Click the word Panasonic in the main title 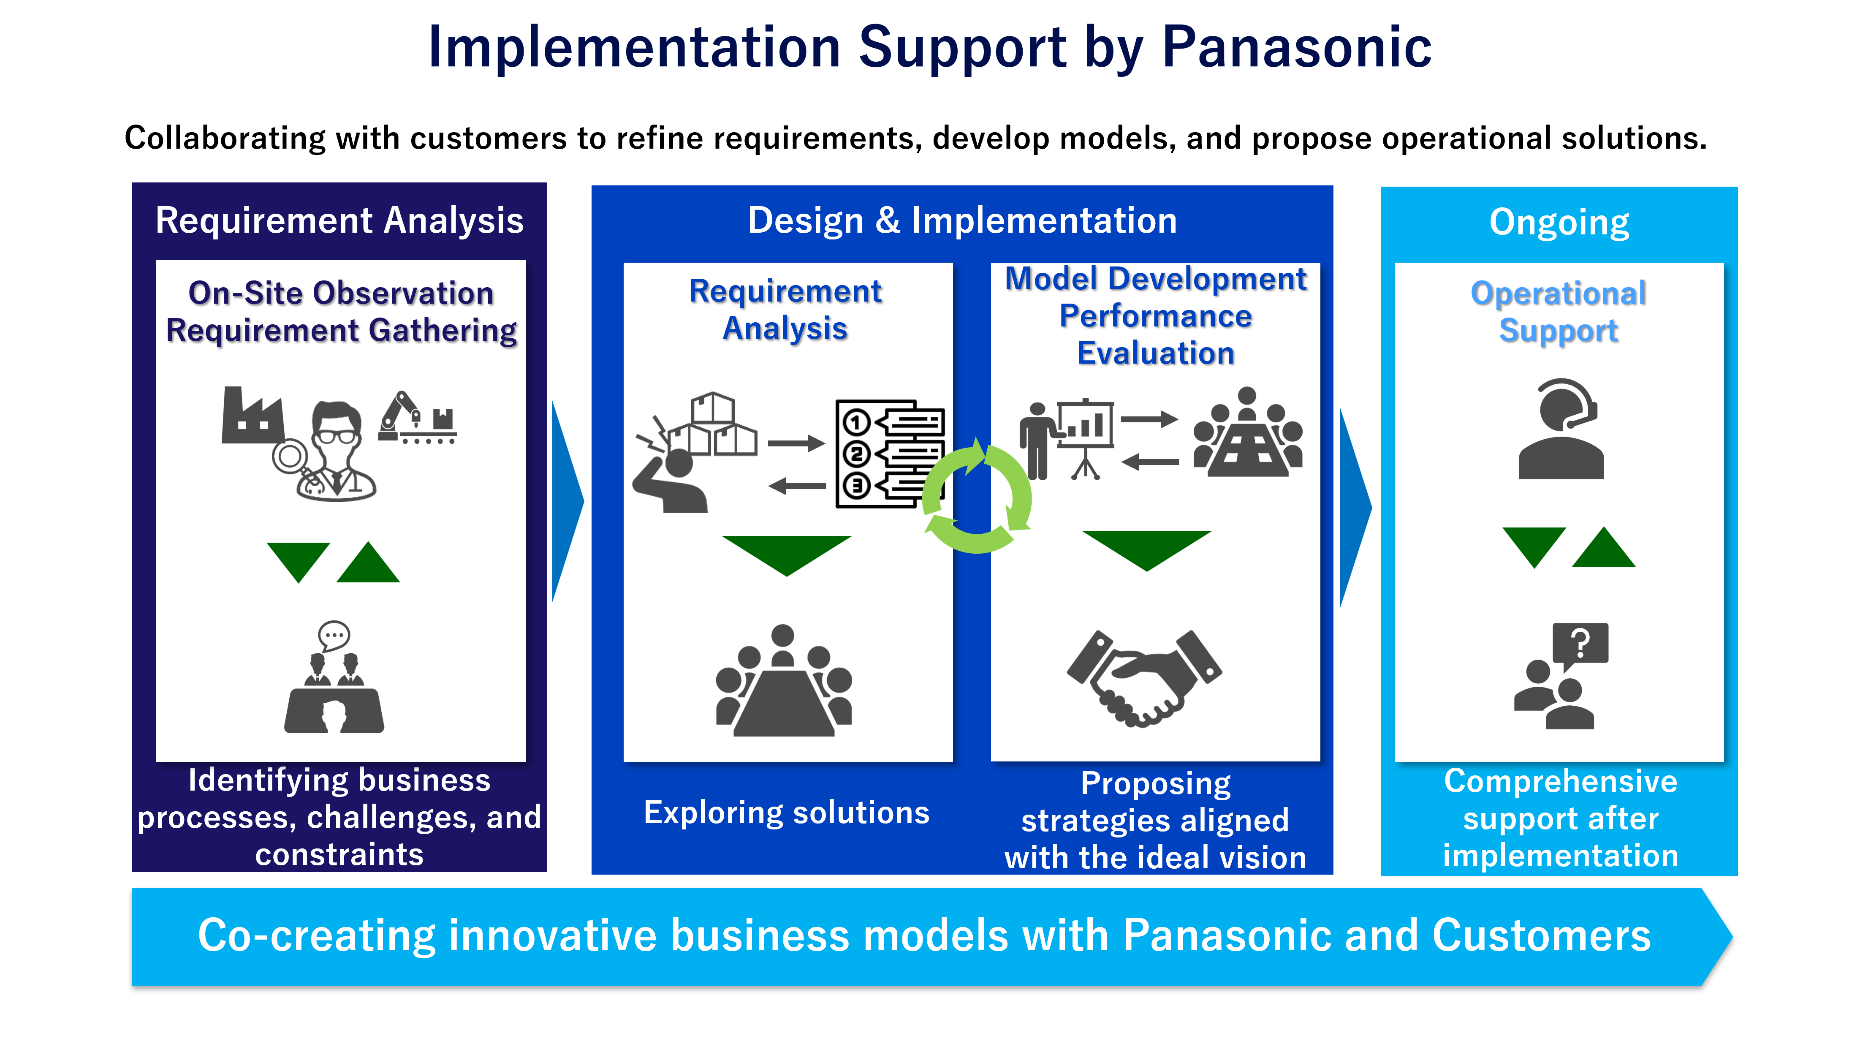pos(1297,48)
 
